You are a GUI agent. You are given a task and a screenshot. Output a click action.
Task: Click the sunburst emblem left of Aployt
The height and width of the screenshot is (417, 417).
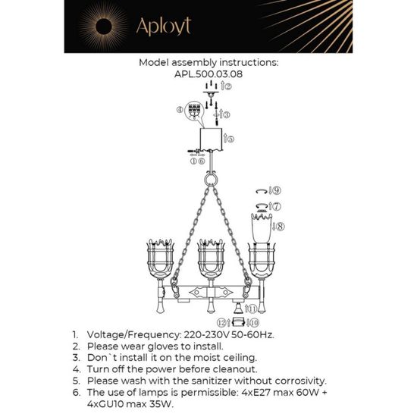coord(99,27)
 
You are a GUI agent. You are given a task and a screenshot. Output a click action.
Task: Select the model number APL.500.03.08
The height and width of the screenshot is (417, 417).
coord(208,75)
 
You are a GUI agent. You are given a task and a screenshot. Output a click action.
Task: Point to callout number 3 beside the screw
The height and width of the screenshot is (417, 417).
coord(226,114)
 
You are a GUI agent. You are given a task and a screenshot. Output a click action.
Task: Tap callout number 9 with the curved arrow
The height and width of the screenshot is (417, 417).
coord(277,190)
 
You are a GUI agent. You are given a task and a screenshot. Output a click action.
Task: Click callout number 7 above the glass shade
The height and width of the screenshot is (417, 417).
coord(274,205)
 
